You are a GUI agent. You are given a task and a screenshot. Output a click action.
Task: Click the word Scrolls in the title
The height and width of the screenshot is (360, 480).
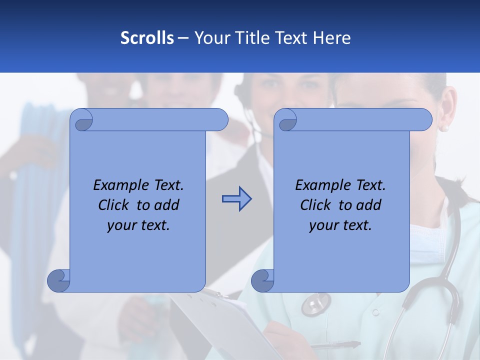(x=147, y=37)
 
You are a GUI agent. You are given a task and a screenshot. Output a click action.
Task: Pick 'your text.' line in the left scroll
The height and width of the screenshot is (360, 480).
(x=138, y=225)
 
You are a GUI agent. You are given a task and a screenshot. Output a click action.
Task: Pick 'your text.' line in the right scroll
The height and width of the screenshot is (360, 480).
(x=340, y=225)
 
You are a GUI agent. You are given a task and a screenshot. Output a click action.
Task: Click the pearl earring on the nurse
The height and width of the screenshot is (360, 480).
(x=444, y=128)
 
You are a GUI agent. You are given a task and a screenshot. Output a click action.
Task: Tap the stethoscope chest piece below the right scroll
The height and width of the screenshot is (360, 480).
(x=315, y=302)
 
